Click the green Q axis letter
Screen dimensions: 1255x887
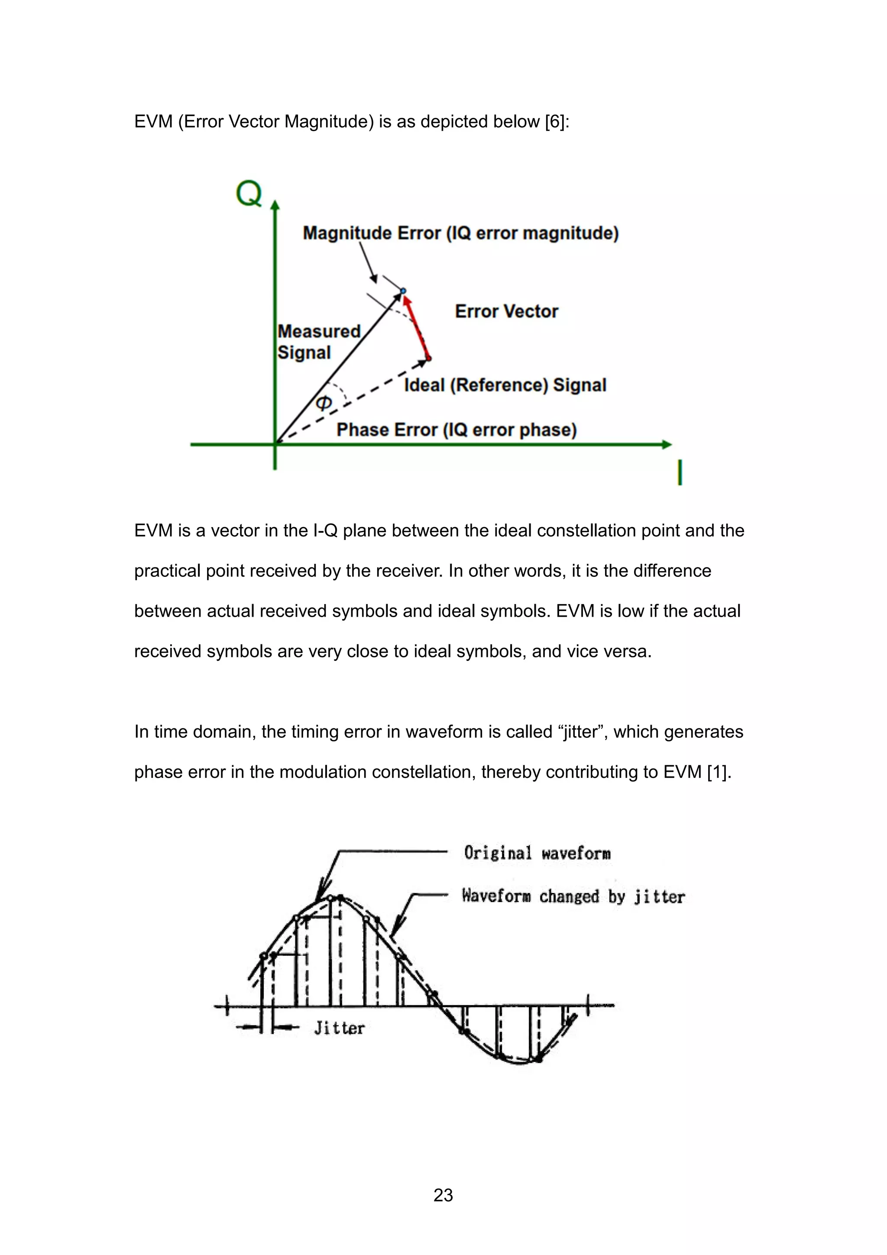[x=249, y=194]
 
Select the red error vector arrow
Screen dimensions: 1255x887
[x=417, y=327]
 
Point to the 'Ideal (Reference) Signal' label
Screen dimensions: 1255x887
[x=505, y=385]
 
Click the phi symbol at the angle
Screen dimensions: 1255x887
[x=324, y=403]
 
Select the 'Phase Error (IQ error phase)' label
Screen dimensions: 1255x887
[x=456, y=430]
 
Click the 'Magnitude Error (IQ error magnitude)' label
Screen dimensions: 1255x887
[x=460, y=233]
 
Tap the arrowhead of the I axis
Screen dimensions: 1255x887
[x=666, y=444]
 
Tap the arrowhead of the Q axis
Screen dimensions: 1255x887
[x=275, y=205]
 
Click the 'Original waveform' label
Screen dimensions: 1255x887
[x=537, y=853]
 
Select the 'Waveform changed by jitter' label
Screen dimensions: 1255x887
[x=573, y=896]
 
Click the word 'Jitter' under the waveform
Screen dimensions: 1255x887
[x=339, y=1028]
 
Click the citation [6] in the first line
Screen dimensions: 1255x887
[x=557, y=121]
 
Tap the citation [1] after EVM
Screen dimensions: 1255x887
[x=718, y=772]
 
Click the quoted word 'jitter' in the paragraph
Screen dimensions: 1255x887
[x=583, y=731]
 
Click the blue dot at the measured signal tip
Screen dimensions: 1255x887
[x=403, y=291]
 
